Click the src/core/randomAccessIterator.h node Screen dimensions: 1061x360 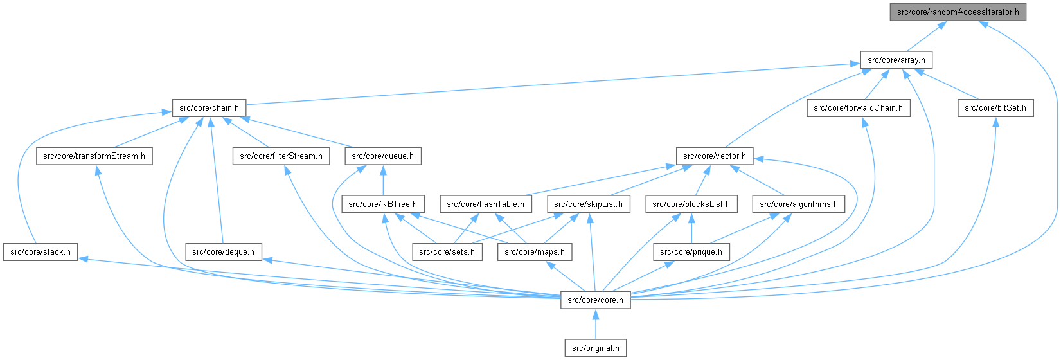(958, 12)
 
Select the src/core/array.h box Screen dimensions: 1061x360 (896, 60)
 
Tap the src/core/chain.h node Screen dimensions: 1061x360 (209, 108)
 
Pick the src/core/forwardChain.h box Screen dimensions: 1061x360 (859, 108)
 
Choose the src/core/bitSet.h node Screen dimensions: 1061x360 (995, 108)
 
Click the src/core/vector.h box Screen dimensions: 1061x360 (714, 156)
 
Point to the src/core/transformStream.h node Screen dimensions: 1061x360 (94, 156)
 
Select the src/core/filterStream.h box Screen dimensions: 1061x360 (281, 156)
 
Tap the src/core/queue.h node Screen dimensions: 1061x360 (383, 156)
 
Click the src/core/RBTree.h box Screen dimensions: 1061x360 (383, 204)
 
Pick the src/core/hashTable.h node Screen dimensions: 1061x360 (485, 204)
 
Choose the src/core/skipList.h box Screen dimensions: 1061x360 (588, 204)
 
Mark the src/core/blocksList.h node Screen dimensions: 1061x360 (691, 204)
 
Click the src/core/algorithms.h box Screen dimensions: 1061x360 (799, 204)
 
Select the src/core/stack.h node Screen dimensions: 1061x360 (40, 252)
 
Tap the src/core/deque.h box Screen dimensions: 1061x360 (223, 252)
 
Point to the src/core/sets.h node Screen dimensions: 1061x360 (447, 252)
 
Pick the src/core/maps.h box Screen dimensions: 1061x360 (535, 252)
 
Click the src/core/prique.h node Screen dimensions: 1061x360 (691, 252)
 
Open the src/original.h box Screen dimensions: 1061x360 (595, 348)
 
